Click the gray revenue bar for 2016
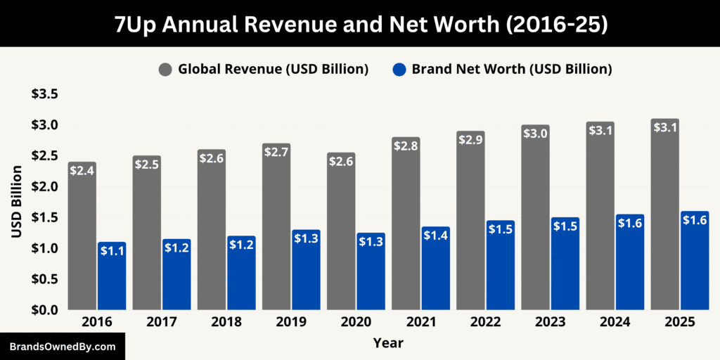coord(82,239)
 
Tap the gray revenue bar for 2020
coord(341,239)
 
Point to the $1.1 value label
coord(112,251)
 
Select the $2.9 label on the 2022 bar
coord(470,140)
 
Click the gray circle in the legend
coord(165,69)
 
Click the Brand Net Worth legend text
coord(512,69)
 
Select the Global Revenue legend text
coord(274,69)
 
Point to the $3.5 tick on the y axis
coord(44,94)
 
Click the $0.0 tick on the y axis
coord(44,310)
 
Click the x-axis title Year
coord(388,343)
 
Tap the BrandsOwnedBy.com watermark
coord(62,347)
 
